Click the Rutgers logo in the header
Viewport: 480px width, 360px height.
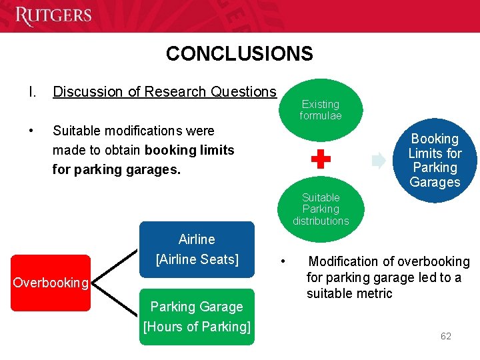tap(53, 15)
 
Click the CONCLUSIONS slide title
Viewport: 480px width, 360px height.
tap(239, 53)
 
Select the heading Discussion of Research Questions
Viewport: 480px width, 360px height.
tap(164, 91)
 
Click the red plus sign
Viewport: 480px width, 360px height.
tap(321, 159)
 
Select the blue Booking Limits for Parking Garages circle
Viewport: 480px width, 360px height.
tap(435, 160)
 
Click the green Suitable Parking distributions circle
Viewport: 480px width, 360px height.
tap(321, 208)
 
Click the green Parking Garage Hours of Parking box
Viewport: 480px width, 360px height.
tap(197, 317)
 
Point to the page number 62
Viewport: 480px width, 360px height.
tap(445, 336)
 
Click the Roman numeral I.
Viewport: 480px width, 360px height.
tap(31, 91)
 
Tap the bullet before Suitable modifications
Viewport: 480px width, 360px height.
tap(31, 131)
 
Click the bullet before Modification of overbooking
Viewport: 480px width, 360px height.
tap(283, 261)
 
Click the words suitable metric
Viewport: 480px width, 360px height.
tap(349, 293)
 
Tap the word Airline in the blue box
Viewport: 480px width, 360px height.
tap(197, 239)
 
